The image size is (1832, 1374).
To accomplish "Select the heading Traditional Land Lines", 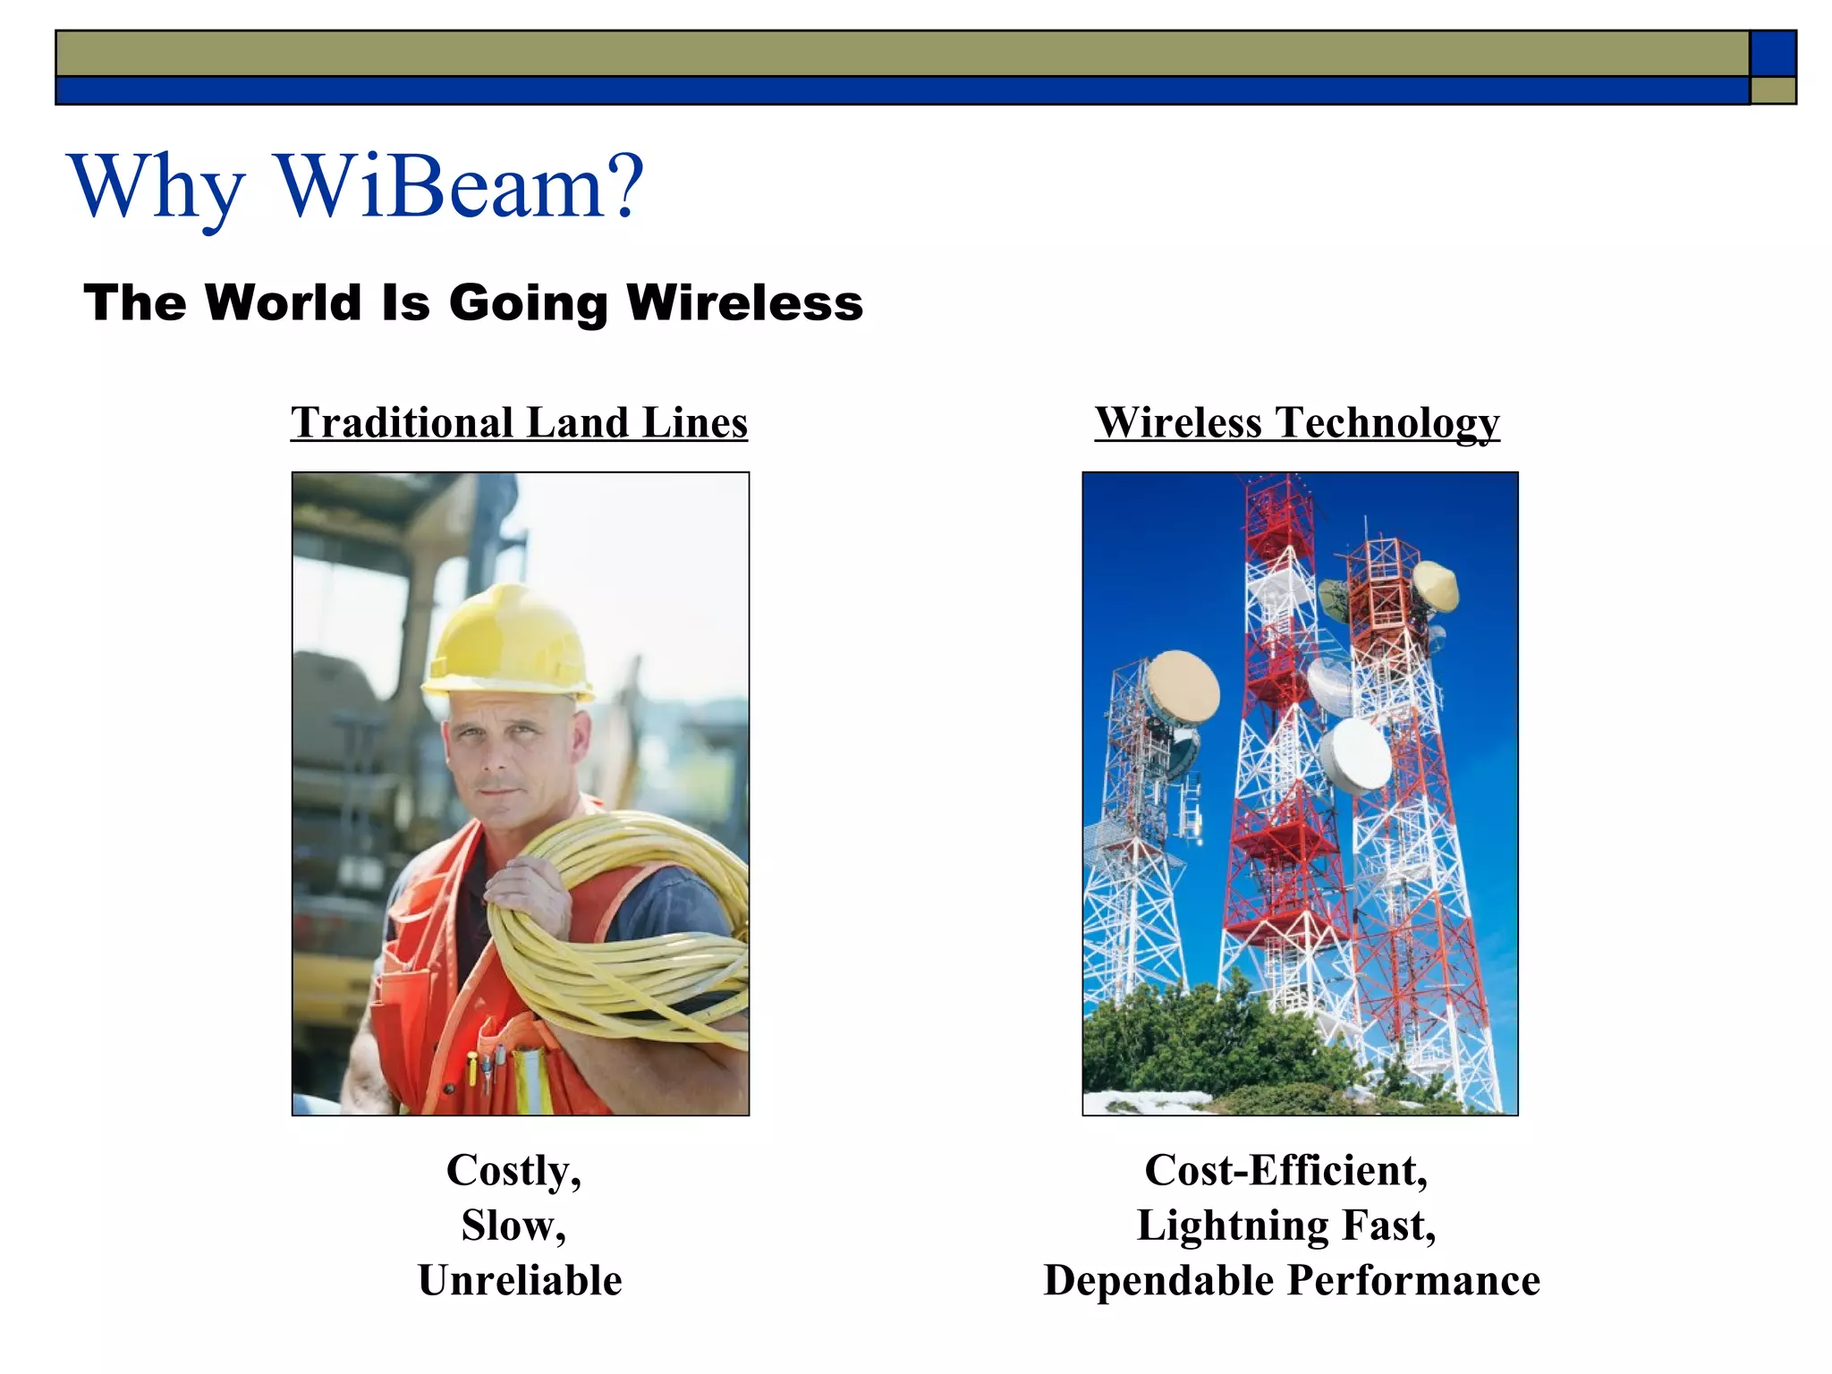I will pos(519,422).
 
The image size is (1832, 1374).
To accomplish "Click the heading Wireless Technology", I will pos(1297,422).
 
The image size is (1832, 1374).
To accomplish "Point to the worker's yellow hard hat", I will pos(508,640).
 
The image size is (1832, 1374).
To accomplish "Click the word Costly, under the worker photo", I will pos(513,1170).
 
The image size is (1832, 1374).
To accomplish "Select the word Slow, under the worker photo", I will pos(513,1226).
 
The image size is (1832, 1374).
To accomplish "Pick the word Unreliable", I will pos(520,1280).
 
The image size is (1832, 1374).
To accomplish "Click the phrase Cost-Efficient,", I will pos(1286,1170).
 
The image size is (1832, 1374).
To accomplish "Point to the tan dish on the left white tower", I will pos(1183,687).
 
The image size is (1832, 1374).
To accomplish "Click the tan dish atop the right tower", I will pos(1436,586).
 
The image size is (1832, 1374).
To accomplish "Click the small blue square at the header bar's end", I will pos(1772,53).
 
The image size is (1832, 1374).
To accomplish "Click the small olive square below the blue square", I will pos(1772,90).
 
